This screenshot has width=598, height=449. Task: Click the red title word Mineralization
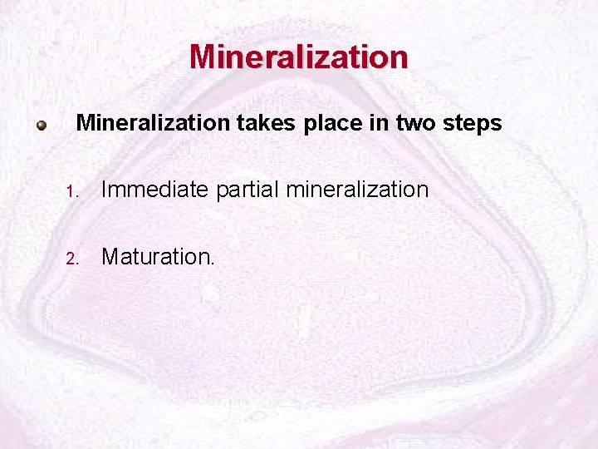point(299,57)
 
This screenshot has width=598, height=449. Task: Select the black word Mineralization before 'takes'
point(152,124)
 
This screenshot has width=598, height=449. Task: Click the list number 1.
point(73,191)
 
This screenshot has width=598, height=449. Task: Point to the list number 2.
point(73,258)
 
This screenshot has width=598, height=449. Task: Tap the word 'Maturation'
point(155,256)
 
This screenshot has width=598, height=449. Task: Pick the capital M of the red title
point(203,57)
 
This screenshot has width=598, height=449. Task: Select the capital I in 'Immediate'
point(105,190)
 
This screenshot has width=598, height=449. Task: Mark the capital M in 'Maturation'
point(110,256)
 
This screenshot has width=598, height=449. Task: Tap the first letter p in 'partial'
point(222,193)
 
